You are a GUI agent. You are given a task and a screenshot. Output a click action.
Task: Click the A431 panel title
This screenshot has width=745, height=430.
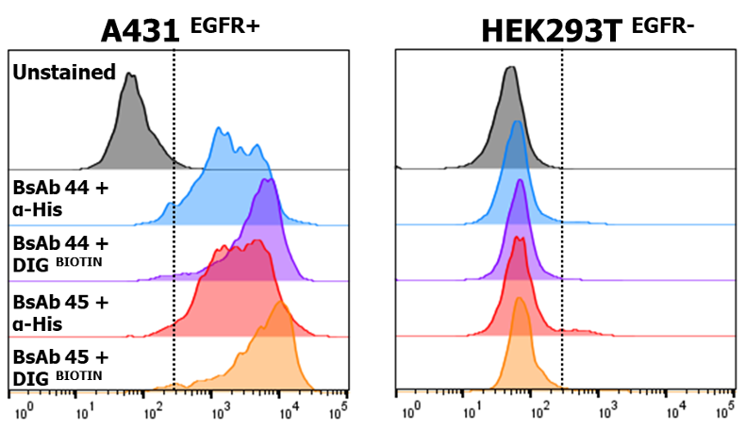[140, 30]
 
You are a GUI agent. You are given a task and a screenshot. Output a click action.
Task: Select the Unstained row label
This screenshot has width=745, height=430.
[64, 73]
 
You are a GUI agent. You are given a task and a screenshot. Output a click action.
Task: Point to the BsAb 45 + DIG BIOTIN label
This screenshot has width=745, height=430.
[60, 368]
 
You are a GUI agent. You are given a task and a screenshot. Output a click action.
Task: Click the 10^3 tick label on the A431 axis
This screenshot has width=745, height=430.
[221, 412]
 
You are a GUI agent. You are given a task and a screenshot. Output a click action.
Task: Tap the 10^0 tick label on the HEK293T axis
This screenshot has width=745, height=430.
[411, 412]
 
